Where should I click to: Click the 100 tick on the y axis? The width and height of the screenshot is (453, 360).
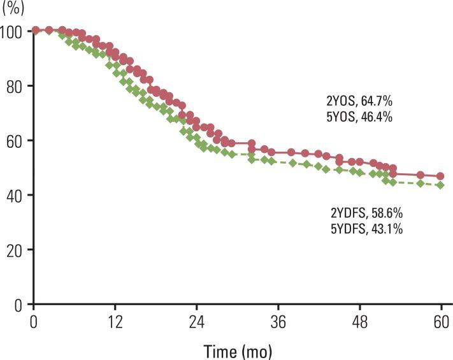coord(13,31)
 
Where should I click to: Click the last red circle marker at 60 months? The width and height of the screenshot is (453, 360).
coord(440,176)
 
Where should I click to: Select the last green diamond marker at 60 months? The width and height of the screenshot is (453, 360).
coord(440,185)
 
